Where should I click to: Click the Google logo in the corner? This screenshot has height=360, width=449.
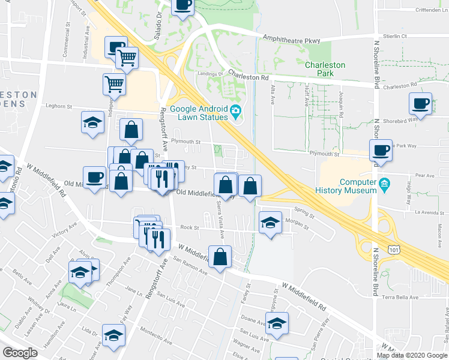pos(20,353)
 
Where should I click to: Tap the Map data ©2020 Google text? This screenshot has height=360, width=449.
pos(412,355)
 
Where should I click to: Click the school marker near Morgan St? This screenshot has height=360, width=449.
pos(271,222)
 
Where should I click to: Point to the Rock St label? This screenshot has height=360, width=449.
pos(189,227)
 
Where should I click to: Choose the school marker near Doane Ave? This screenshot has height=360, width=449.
pos(277,323)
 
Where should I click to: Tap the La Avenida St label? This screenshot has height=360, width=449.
pos(411,211)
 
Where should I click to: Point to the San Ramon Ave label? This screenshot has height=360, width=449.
pos(190,264)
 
